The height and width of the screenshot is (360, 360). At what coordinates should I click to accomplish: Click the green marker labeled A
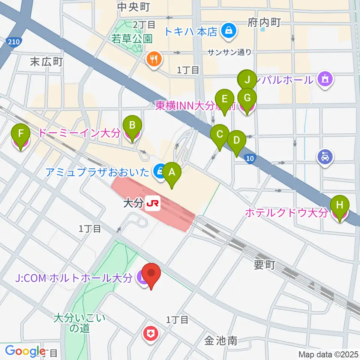[x=172, y=172]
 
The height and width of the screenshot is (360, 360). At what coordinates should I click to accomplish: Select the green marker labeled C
[x=220, y=134]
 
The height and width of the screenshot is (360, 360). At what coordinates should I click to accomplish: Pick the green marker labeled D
[x=236, y=140]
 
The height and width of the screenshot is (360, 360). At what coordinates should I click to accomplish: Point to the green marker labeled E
[x=225, y=99]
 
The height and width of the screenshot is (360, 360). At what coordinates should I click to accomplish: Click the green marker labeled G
[x=247, y=98]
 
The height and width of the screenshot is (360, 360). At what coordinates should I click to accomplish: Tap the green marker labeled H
[x=339, y=205]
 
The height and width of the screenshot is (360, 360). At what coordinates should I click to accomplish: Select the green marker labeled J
[x=247, y=79]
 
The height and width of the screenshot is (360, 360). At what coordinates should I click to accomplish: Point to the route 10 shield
[x=251, y=159]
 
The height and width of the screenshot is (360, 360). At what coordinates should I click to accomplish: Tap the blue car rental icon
[x=324, y=157]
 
